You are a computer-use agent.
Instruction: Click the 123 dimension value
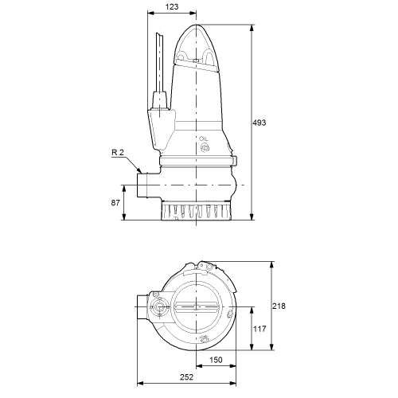[172, 6]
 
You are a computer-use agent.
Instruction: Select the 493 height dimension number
[259, 123]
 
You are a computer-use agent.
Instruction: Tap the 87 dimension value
[115, 203]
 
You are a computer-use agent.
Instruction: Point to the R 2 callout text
[118, 152]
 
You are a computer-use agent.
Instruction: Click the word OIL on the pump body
[204, 139]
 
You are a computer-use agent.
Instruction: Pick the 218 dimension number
[279, 306]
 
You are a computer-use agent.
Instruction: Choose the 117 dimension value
[259, 329]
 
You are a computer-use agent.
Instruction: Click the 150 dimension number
[216, 360]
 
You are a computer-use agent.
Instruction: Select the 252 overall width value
[186, 377]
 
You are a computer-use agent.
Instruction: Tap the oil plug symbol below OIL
[205, 147]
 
